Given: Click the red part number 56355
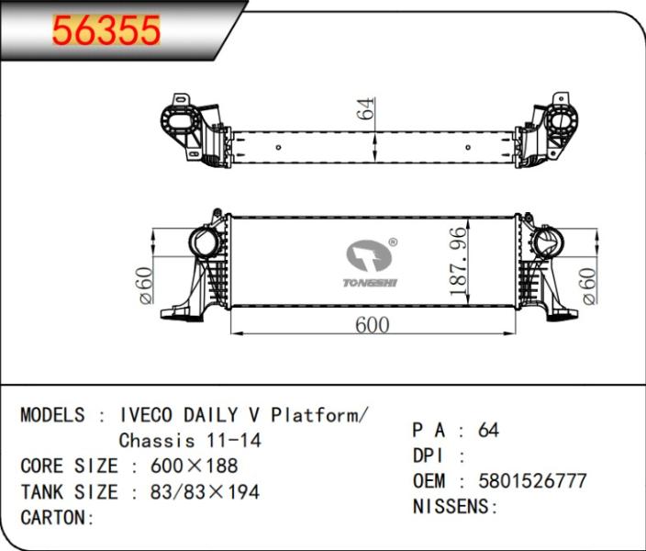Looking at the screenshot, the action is click(106, 29).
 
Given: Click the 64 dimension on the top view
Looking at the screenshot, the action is click(366, 109).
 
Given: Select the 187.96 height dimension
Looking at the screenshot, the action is click(459, 262).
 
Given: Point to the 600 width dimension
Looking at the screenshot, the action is click(372, 325).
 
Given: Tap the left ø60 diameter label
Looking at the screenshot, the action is click(146, 286).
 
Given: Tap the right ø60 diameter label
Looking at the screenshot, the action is click(589, 287).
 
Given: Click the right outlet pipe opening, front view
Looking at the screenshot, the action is click(547, 242).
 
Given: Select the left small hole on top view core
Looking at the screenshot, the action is click(279, 147).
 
